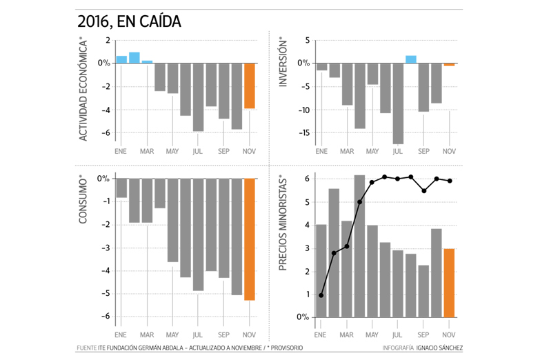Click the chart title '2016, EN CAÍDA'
click(x=130, y=21)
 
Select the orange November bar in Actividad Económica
click(x=250, y=86)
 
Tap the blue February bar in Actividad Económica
click(x=134, y=58)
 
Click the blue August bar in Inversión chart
click(x=411, y=59)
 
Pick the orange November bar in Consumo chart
click(x=250, y=239)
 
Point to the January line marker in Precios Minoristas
click(x=321, y=295)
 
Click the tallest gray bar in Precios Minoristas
click(x=359, y=246)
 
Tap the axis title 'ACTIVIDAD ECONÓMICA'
click(x=84, y=90)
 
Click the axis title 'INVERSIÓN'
click(x=283, y=62)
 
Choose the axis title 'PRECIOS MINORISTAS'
click(x=283, y=223)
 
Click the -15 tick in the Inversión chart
click(x=302, y=133)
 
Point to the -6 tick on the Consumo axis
click(x=103, y=316)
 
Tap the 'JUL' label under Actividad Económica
click(x=198, y=151)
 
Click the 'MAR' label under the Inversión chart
click(x=347, y=151)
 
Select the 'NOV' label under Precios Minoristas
click(x=449, y=333)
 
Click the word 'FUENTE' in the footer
click(x=87, y=348)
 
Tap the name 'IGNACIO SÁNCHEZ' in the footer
click(x=440, y=348)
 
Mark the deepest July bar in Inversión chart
click(x=398, y=103)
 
